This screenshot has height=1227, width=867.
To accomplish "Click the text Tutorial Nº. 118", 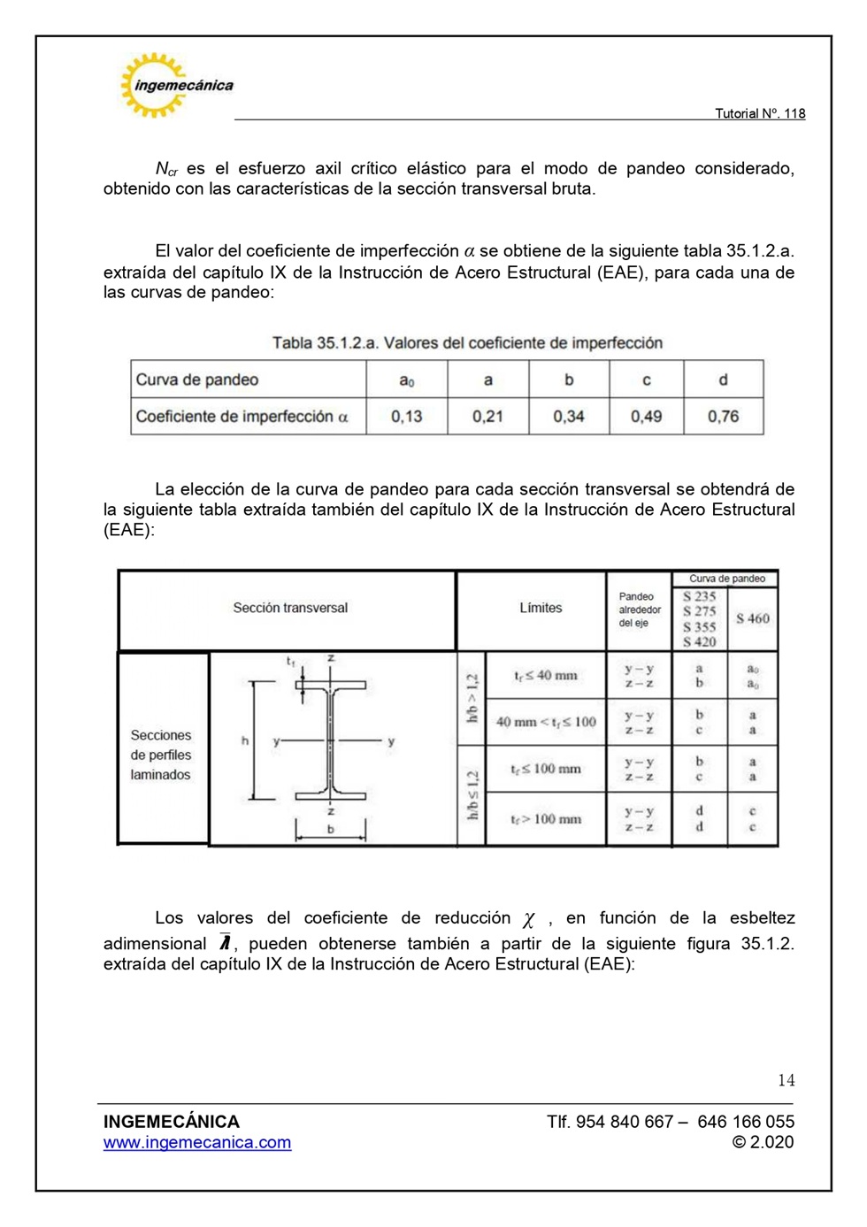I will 759,113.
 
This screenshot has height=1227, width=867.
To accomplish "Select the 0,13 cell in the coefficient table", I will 407,416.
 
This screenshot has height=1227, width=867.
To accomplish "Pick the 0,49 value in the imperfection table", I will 646,416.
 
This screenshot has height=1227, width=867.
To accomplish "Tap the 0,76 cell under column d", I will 723,416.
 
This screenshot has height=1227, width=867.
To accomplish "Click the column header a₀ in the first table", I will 407,380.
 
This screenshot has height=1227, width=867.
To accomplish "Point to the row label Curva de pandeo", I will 197,380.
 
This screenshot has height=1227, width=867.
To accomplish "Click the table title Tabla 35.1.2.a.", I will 467,343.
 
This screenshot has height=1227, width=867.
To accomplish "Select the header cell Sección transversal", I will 290,608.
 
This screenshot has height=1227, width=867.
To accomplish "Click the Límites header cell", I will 541,608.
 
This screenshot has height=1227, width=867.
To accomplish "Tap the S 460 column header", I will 752,618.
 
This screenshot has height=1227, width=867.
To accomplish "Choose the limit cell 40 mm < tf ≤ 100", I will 546,722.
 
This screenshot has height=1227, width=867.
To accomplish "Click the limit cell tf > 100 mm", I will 546,819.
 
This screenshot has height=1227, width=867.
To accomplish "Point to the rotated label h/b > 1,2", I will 472,698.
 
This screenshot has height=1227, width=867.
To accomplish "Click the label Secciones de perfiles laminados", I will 161,755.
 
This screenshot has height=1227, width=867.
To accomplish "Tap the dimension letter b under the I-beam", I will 331,830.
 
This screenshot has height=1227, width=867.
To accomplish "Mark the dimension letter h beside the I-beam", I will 245,740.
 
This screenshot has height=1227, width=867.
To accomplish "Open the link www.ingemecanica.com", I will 197,1143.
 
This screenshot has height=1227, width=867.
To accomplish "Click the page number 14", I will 786,1080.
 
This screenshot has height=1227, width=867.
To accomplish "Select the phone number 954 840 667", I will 625,1122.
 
